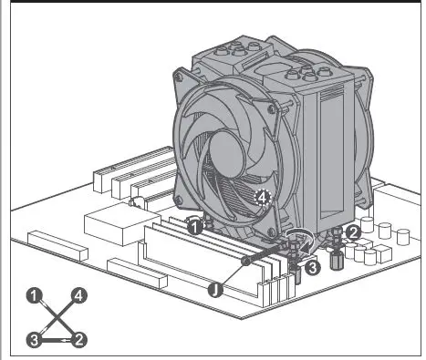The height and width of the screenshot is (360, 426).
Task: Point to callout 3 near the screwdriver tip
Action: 311,269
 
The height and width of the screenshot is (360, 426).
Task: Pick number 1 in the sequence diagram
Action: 34,295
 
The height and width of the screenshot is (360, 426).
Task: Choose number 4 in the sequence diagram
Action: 79,295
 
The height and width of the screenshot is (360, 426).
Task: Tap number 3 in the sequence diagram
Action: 34,340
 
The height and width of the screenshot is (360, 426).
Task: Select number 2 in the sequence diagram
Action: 79,340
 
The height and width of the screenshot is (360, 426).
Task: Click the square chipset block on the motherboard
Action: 109,223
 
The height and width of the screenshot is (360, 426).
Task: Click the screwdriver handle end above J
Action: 245,262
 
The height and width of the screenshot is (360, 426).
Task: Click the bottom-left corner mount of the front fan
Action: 191,220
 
